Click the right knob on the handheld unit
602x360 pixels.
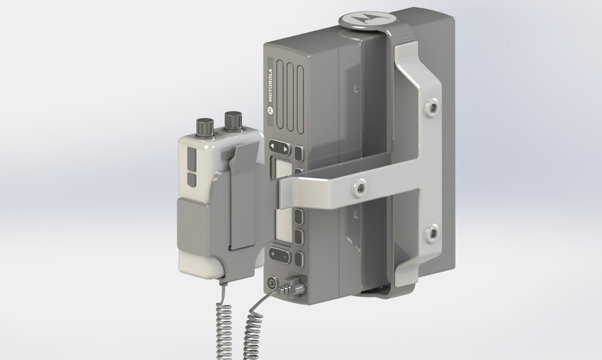pyautogui.click(x=233, y=120)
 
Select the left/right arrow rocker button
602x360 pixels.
pyautogui.click(x=280, y=149)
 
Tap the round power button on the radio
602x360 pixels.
pyautogui.click(x=272, y=283)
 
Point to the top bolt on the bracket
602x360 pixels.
pyautogui.click(x=432, y=107)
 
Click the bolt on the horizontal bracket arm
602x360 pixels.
pyautogui.click(x=360, y=186)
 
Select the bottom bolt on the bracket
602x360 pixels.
pyautogui.click(x=431, y=235)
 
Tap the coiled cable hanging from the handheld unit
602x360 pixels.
pyautogui.click(x=224, y=326)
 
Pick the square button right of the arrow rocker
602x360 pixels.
pyautogui.click(x=300, y=154)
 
